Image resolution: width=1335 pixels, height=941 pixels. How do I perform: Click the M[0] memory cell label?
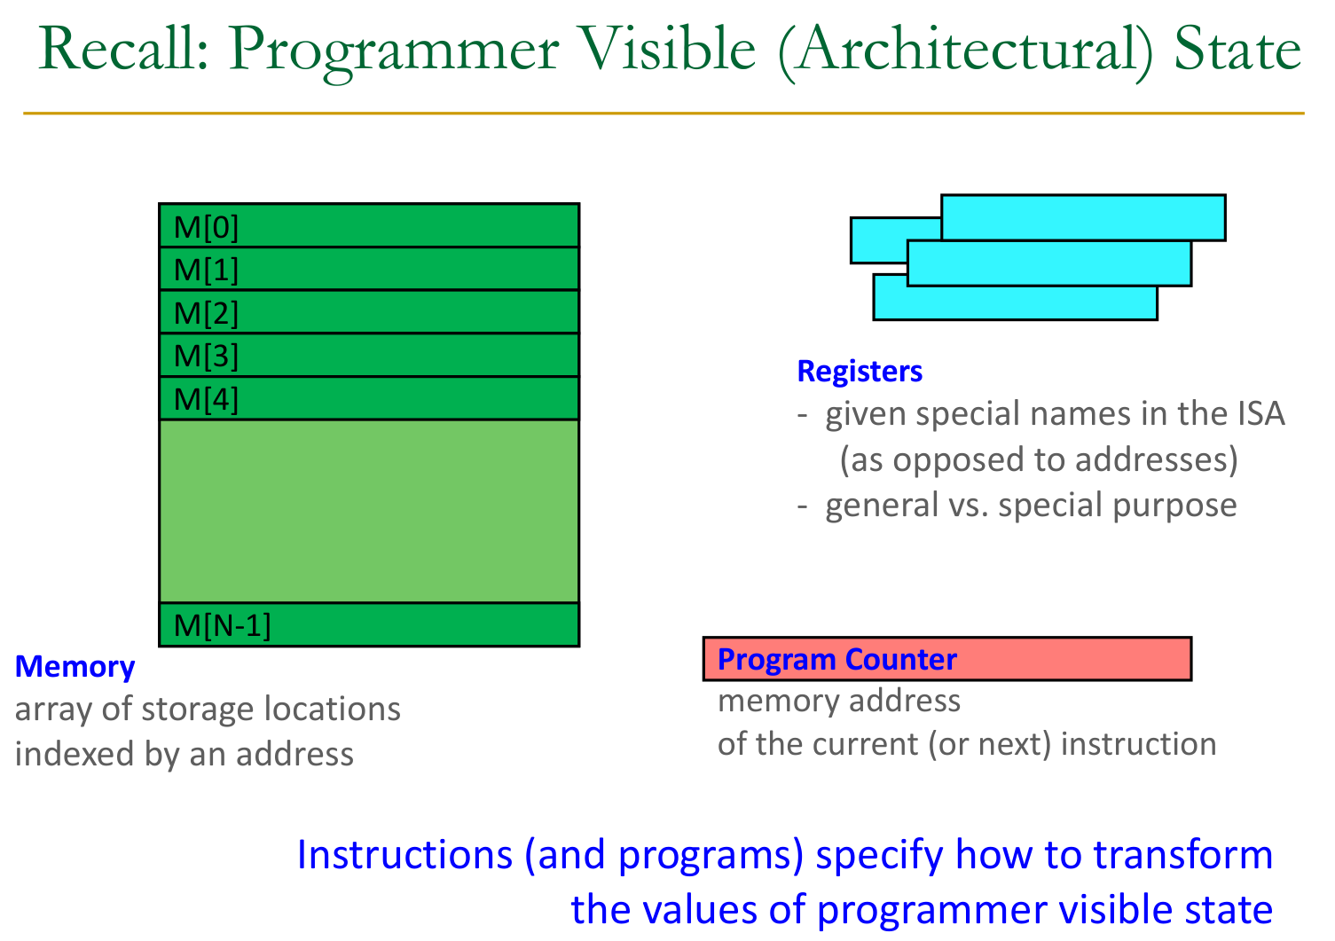coord(206,228)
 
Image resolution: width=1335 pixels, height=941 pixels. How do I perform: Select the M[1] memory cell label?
coord(206,270)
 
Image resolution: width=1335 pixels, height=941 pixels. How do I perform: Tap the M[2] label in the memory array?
coord(206,313)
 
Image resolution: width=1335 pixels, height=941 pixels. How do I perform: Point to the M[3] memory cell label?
coord(206,356)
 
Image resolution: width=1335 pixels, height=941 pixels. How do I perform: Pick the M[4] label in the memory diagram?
coord(206,399)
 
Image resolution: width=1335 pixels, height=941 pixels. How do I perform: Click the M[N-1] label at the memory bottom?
coord(222,625)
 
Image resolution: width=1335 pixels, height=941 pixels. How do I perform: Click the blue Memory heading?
coord(75,666)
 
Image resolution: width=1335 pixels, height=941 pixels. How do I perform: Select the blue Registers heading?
coord(860,371)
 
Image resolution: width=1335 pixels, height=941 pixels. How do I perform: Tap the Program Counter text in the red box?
coord(836,659)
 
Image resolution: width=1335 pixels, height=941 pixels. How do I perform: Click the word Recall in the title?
coord(123,50)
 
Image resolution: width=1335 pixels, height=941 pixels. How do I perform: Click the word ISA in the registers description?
coord(1260,414)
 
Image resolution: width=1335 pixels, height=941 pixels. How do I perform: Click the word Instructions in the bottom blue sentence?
coord(404,854)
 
